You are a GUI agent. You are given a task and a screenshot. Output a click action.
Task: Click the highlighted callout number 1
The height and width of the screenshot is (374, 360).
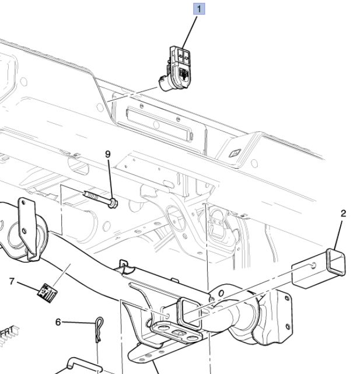(x=199, y=9)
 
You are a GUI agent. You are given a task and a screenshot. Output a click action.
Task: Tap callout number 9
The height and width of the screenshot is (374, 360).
(x=108, y=154)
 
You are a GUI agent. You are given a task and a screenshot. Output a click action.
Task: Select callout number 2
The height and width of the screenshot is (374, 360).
(x=343, y=214)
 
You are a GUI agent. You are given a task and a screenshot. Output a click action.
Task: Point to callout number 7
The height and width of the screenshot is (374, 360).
(x=12, y=281)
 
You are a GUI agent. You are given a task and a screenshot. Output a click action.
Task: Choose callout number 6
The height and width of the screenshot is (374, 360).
(x=58, y=322)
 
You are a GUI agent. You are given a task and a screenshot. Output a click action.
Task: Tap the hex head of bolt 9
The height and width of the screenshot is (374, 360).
(x=113, y=203)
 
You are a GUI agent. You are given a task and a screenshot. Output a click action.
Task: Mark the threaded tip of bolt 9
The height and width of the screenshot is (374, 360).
(x=86, y=193)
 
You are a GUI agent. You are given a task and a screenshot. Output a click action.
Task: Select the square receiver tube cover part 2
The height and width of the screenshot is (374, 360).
(x=319, y=268)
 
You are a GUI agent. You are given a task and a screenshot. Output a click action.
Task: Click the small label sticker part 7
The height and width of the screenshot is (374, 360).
(x=47, y=293)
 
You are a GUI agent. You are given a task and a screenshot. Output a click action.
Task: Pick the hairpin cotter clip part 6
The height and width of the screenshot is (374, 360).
(x=99, y=330)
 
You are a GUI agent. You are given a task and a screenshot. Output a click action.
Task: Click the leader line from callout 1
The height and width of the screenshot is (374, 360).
(x=190, y=33)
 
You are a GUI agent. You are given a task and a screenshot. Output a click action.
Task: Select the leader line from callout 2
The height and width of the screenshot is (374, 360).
(x=338, y=235)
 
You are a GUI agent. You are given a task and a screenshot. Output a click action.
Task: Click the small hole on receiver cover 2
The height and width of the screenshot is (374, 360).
(x=313, y=265)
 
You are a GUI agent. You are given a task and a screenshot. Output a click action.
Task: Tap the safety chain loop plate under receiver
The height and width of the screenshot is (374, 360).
(x=176, y=333)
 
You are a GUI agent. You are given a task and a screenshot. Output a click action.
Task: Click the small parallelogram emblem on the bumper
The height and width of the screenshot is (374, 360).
(x=235, y=153)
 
